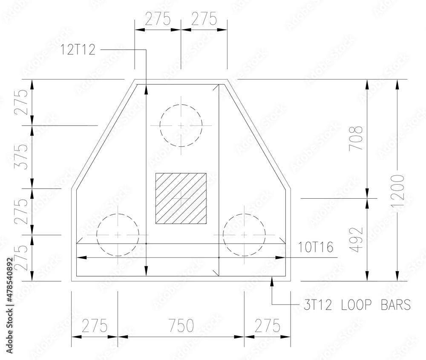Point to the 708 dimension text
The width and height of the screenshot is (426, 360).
(x=356, y=138)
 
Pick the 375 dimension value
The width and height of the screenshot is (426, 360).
(x=21, y=157)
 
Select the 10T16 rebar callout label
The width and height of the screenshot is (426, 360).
(x=316, y=246)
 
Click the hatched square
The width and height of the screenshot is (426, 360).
(x=181, y=198)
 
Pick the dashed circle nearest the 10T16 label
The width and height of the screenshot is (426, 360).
(x=244, y=235)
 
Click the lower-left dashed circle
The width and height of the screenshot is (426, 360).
(x=118, y=235)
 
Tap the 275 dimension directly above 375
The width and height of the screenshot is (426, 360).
(x=21, y=102)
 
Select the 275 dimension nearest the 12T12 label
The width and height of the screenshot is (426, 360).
(x=158, y=19)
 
